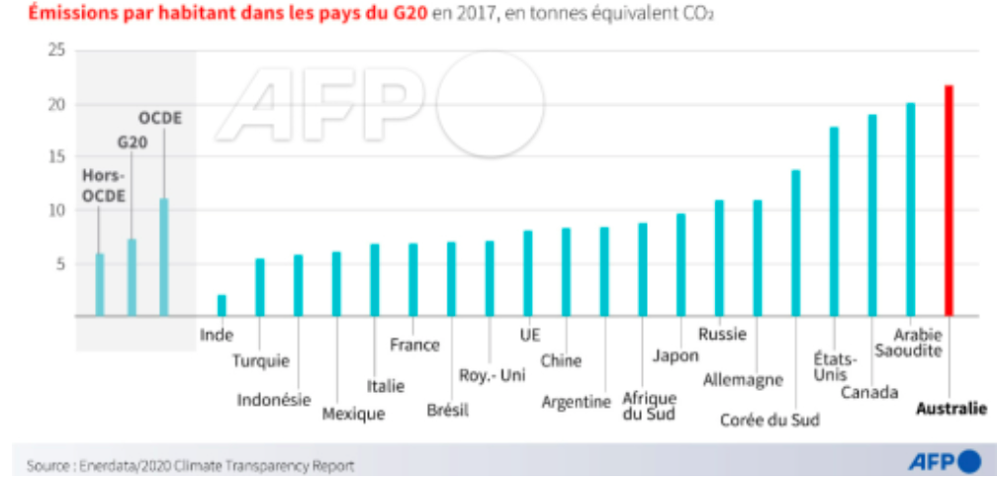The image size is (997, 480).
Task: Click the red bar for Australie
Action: point(949,201)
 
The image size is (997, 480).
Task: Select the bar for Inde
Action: point(222,306)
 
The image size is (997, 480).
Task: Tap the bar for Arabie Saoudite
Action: point(911,210)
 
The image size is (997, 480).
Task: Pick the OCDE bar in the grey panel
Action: point(164,257)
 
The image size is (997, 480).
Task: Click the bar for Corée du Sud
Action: point(795,243)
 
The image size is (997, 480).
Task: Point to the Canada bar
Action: point(872,215)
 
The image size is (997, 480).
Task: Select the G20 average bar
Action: point(132,277)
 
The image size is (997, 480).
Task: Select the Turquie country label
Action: point(261,361)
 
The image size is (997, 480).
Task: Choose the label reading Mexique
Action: point(353,414)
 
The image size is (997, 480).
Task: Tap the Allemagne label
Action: point(743,380)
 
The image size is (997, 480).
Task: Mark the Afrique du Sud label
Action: point(649,406)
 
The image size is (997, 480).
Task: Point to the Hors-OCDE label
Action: point(103,186)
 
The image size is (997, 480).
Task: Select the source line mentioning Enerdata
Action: point(190,466)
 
